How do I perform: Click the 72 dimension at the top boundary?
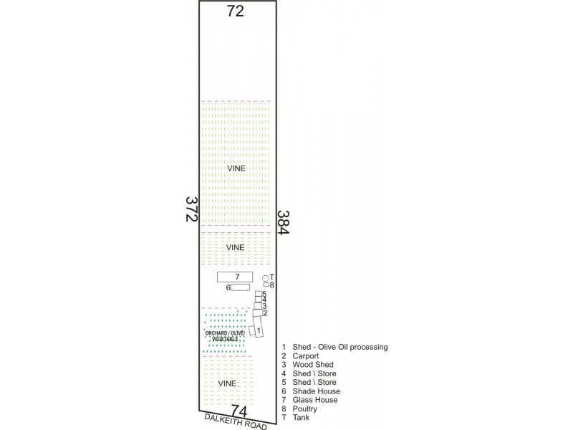[236, 11]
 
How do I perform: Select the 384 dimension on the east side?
[283, 226]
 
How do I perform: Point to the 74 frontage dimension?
[239, 411]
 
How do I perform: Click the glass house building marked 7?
[235, 277]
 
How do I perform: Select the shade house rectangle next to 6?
[240, 287]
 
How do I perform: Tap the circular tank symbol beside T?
[266, 277]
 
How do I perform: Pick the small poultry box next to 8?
[266, 285]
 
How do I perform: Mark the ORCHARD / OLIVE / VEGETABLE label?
[226, 336]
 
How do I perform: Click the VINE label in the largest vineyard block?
[236, 168]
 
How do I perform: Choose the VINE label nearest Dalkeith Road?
[227, 383]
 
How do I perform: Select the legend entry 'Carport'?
[305, 355]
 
